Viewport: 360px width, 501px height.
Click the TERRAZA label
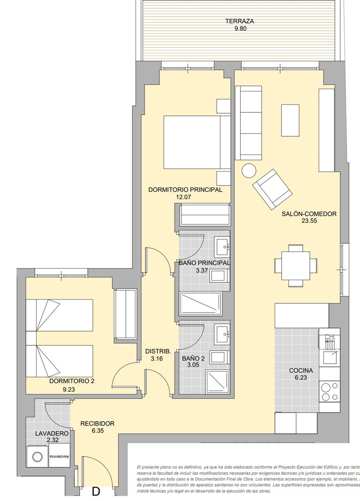[239, 21]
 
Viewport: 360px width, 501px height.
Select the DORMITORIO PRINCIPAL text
[185, 189]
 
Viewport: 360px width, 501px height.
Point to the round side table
[249, 171]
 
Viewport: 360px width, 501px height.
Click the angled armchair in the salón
[272, 189]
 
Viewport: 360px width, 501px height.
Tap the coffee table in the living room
[290, 120]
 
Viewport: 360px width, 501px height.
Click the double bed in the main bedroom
[197, 142]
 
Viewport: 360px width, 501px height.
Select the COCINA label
[301, 370]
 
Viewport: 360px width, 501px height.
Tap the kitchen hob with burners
[329, 391]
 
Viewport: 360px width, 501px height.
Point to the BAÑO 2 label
[193, 359]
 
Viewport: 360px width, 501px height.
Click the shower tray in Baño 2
[217, 382]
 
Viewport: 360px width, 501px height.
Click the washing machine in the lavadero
[37, 457]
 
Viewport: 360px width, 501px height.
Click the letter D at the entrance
[96, 491]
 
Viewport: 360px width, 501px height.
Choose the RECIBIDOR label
[97, 423]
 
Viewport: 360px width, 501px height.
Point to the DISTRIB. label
[155, 351]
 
